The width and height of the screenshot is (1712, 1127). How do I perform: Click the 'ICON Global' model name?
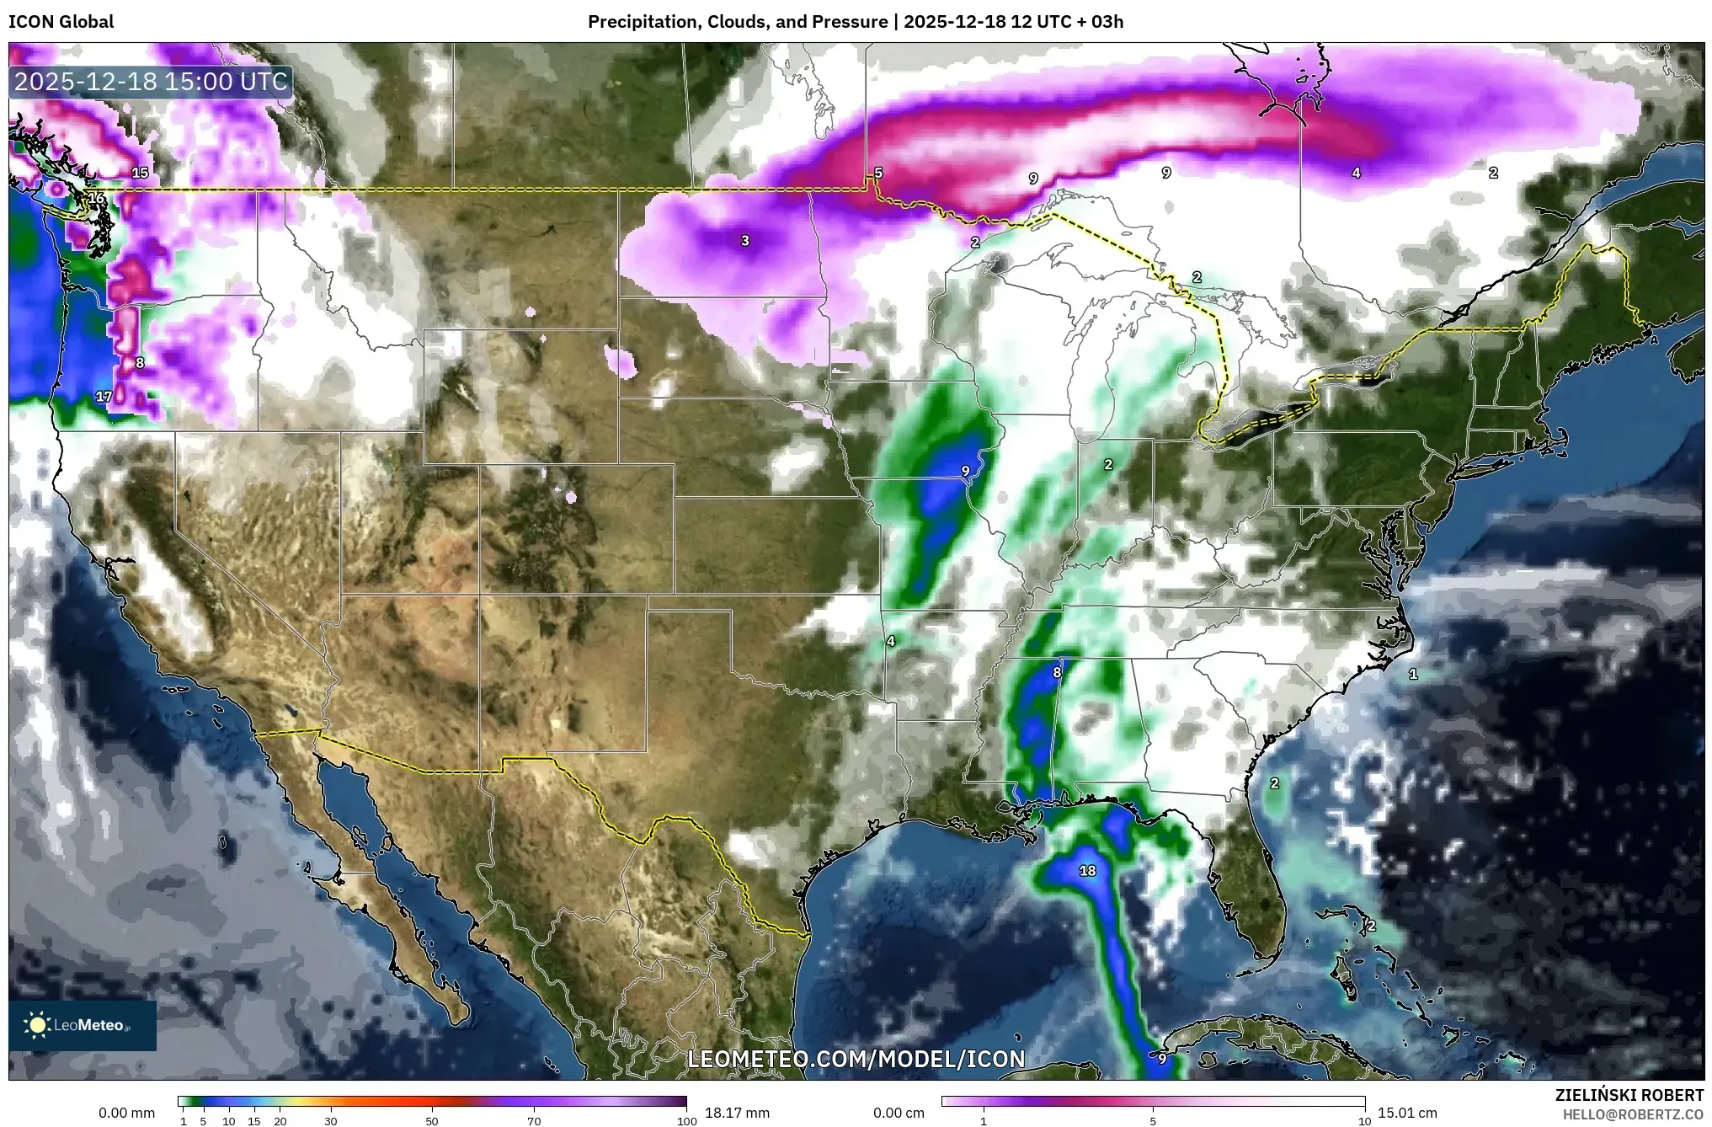click(61, 22)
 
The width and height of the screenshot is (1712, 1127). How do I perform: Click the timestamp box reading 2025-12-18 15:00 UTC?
click(152, 82)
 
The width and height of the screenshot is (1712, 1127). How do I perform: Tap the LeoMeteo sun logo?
click(37, 1025)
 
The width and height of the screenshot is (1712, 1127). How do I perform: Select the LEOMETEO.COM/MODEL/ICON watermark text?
click(856, 1059)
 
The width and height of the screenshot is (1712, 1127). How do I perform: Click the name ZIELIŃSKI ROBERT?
click(1629, 1095)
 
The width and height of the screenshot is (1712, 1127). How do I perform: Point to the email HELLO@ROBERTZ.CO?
click(1633, 1114)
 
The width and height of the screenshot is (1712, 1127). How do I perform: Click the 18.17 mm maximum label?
click(737, 1113)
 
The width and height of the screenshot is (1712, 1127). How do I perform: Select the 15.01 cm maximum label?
click(1407, 1113)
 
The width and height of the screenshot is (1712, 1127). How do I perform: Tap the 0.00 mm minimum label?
click(126, 1113)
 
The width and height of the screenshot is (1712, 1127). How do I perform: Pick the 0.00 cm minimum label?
click(899, 1113)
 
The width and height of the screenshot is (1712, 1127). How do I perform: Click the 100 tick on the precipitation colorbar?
click(687, 1121)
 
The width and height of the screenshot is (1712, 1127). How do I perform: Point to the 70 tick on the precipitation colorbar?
click(534, 1121)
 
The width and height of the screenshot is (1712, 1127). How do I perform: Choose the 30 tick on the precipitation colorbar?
click(331, 1121)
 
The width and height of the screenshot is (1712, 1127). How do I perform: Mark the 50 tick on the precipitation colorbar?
click(432, 1121)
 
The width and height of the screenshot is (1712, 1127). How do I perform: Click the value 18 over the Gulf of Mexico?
click(1087, 871)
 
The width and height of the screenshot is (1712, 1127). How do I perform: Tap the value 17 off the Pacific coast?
click(104, 397)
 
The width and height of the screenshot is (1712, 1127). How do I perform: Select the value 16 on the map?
click(97, 199)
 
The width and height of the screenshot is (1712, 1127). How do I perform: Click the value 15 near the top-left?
click(140, 174)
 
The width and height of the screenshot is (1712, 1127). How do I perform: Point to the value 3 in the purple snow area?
click(744, 241)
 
